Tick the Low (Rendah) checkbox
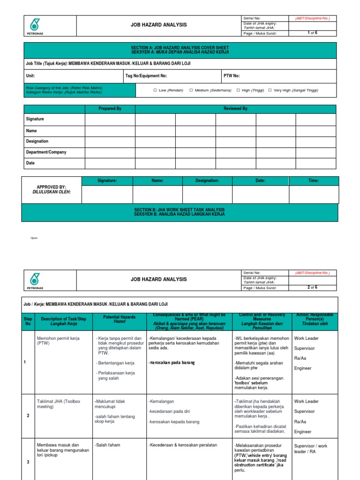pos(155,90)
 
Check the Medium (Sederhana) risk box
pos(191,90)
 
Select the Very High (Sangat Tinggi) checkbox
pos(270,90)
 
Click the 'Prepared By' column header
pos(110,109)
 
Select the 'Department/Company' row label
pos(46,152)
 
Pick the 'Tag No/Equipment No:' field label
pos(146,75)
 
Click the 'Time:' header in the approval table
pos(313,180)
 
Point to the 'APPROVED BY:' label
pos(52,187)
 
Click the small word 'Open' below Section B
pos(34,238)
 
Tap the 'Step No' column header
pos(28,322)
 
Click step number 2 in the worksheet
pos(28,415)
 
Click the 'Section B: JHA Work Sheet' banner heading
pos(180,210)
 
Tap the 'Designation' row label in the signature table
pos(37,141)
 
